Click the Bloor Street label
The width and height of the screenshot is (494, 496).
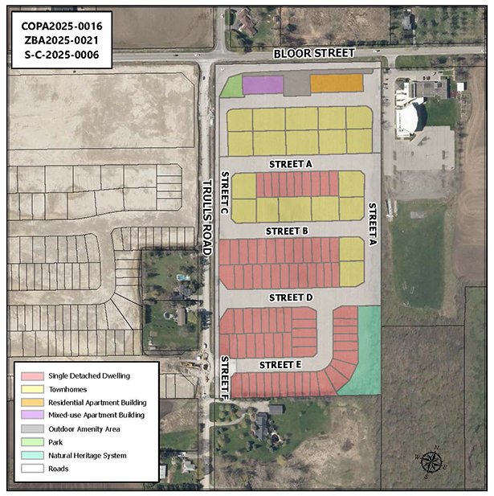click(313, 52)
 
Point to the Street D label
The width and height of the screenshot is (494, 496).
click(290, 297)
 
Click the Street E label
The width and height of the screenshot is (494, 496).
click(280, 365)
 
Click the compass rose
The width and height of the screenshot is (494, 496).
click(431, 462)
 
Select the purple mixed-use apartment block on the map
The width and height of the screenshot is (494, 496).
click(263, 84)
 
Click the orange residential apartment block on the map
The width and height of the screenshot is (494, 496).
click(337, 83)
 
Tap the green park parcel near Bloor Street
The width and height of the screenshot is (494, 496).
click(231, 87)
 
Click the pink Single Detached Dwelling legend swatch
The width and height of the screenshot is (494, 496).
click(32, 375)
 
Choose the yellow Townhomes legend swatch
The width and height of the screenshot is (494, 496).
click(32, 388)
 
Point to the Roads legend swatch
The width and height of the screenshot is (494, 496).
click(32, 468)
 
